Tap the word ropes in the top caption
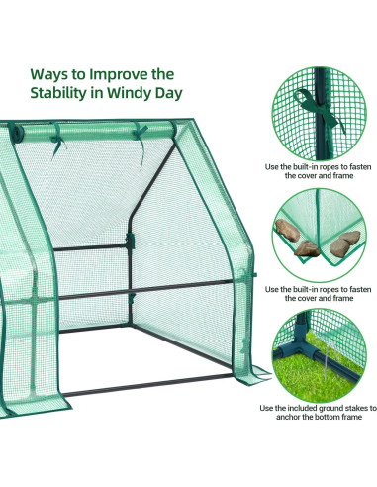(x=322, y=167)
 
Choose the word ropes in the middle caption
(x=322, y=289)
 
